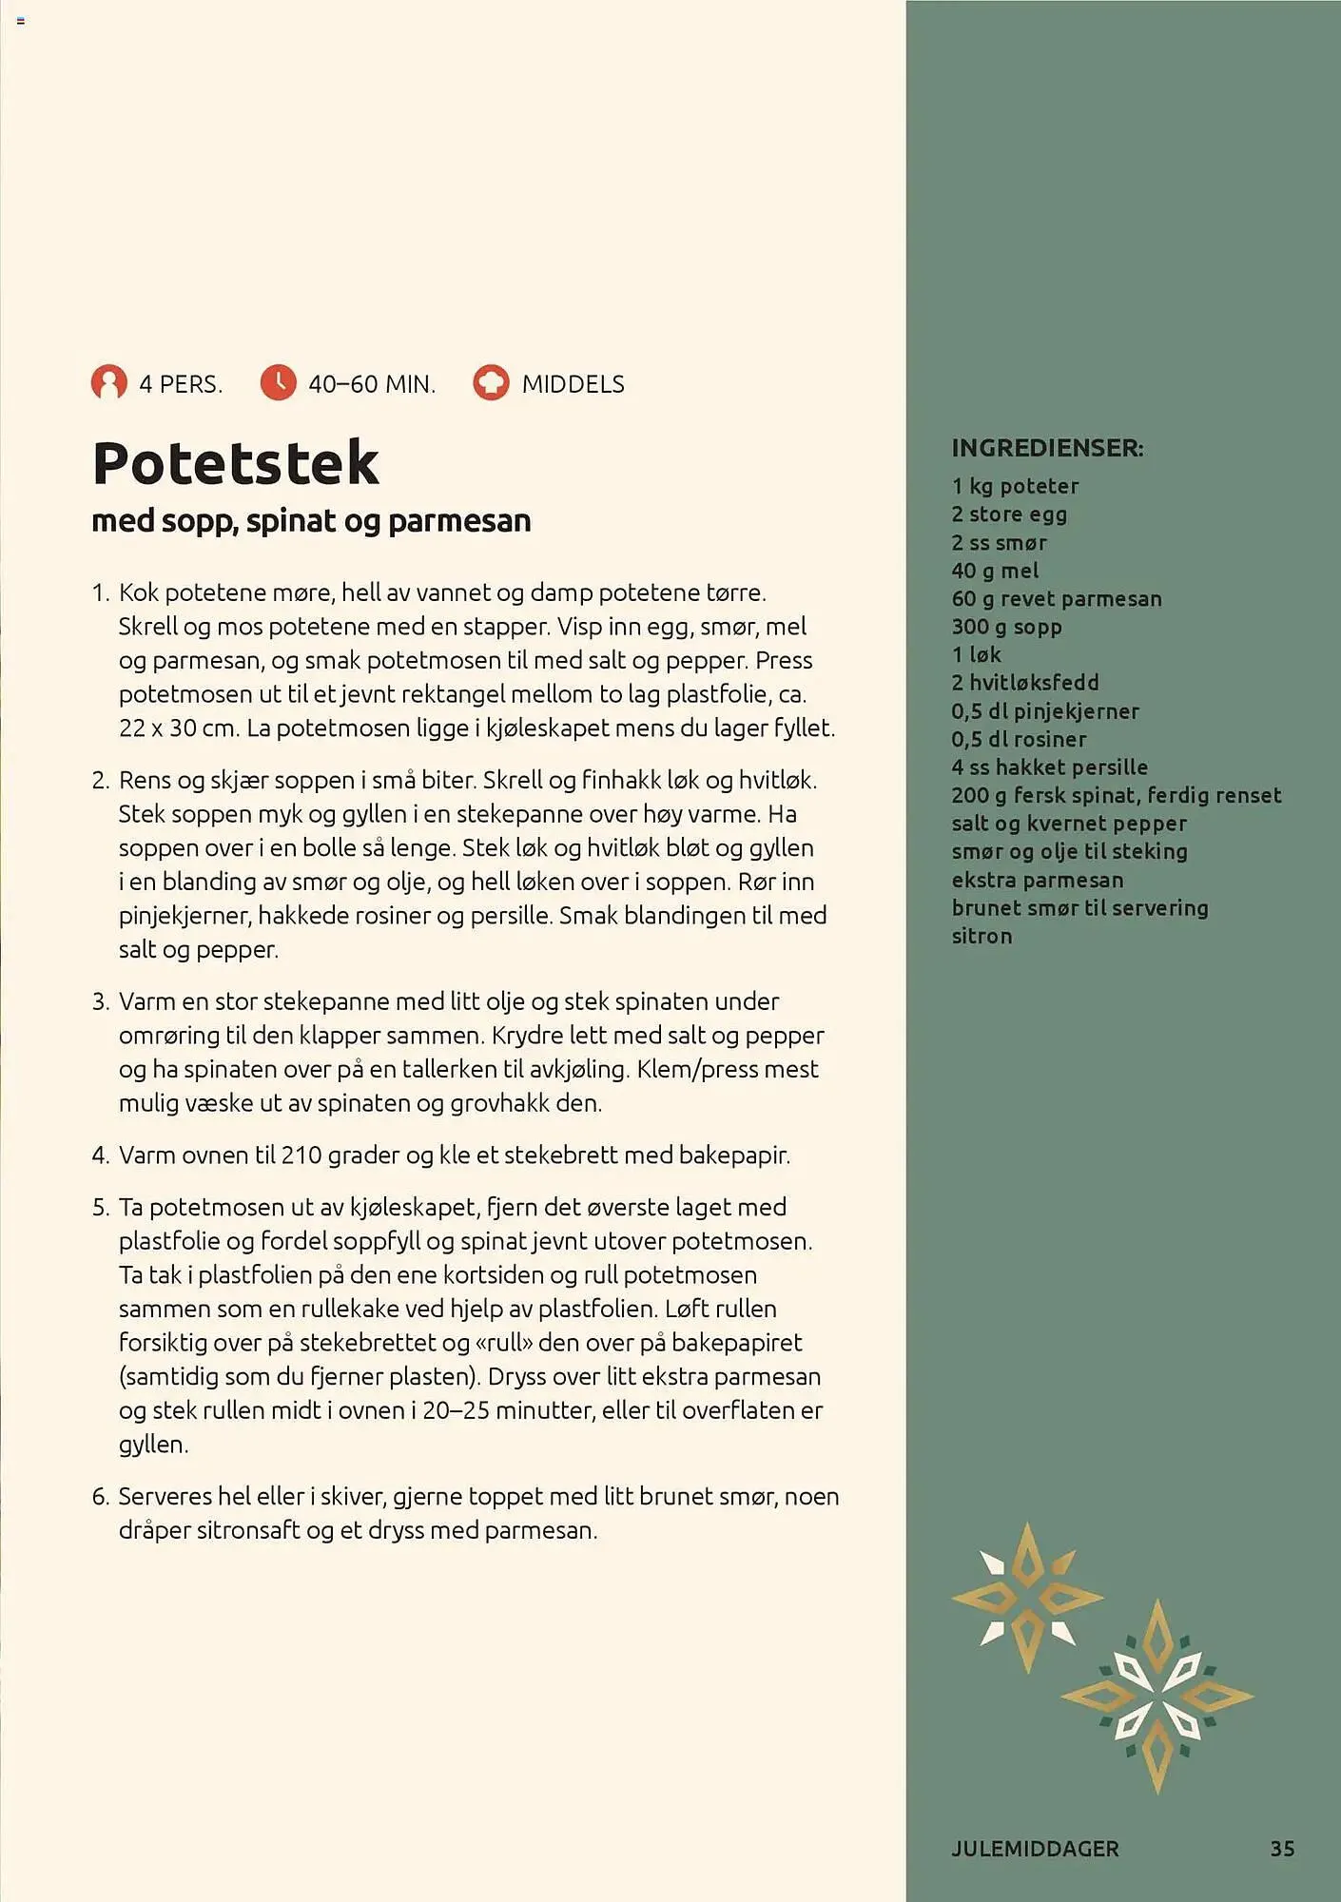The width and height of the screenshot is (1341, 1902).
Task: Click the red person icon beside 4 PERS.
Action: tap(108, 383)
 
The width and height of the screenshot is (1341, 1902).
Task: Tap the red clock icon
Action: tap(278, 383)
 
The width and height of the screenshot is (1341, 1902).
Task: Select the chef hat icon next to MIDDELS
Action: tap(491, 383)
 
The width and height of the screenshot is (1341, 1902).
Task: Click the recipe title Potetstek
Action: tap(235, 463)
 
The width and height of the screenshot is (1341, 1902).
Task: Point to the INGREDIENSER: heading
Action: tap(1047, 448)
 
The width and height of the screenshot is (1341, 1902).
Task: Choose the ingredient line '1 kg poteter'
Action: tap(1015, 486)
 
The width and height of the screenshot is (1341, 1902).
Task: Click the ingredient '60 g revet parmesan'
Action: tap(1056, 599)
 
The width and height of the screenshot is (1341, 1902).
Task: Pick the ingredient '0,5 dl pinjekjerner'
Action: tap(1044, 711)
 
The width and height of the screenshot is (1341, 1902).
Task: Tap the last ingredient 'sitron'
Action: tap(981, 936)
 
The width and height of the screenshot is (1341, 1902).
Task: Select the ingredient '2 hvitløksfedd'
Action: tap(1024, 683)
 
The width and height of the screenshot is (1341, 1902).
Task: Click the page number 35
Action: tap(1282, 1849)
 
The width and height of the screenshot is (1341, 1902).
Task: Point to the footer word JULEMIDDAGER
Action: tap(1035, 1849)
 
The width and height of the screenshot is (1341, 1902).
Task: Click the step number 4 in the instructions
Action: tap(101, 1155)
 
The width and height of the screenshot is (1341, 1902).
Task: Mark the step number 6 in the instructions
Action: tap(101, 1497)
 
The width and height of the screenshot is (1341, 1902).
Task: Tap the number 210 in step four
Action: tap(301, 1155)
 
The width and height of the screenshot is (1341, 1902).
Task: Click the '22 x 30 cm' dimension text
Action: tap(176, 728)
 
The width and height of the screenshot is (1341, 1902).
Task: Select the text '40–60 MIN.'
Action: tap(372, 384)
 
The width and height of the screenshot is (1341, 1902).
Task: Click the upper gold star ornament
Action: tap(1027, 1597)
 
